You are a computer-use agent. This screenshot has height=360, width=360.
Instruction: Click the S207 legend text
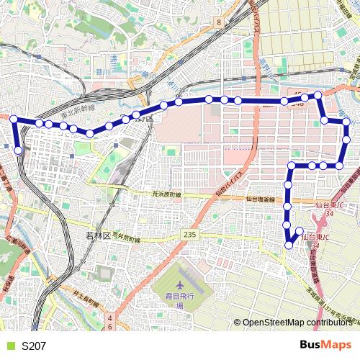(x=34, y=346)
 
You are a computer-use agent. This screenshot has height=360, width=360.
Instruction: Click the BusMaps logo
(x=325, y=345)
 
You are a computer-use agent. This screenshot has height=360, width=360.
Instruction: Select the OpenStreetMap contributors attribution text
(x=298, y=323)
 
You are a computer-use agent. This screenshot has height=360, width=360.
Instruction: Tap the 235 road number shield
(x=189, y=235)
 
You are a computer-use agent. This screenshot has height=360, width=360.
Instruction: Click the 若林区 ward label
(x=96, y=235)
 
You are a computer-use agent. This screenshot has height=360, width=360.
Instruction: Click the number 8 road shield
(x=217, y=23)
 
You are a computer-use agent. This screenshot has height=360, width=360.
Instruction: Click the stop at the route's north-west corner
(x=14, y=119)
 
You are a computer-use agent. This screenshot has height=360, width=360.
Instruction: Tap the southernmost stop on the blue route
(x=289, y=245)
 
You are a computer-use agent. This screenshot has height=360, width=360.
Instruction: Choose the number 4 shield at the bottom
(x=110, y=317)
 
